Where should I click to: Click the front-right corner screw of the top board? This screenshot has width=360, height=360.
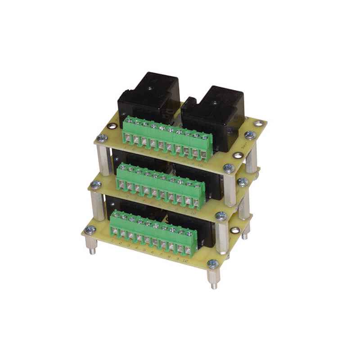(229, 168)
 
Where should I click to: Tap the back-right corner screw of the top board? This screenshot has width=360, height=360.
(251, 135)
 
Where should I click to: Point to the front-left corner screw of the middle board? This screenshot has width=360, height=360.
(95, 184)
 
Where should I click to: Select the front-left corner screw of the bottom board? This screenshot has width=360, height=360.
(90, 230)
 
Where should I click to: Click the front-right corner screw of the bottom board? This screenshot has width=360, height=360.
(213, 264)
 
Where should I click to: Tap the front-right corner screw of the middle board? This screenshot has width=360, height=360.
(221, 216)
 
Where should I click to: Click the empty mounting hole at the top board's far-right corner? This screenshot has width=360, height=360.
(258, 122)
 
